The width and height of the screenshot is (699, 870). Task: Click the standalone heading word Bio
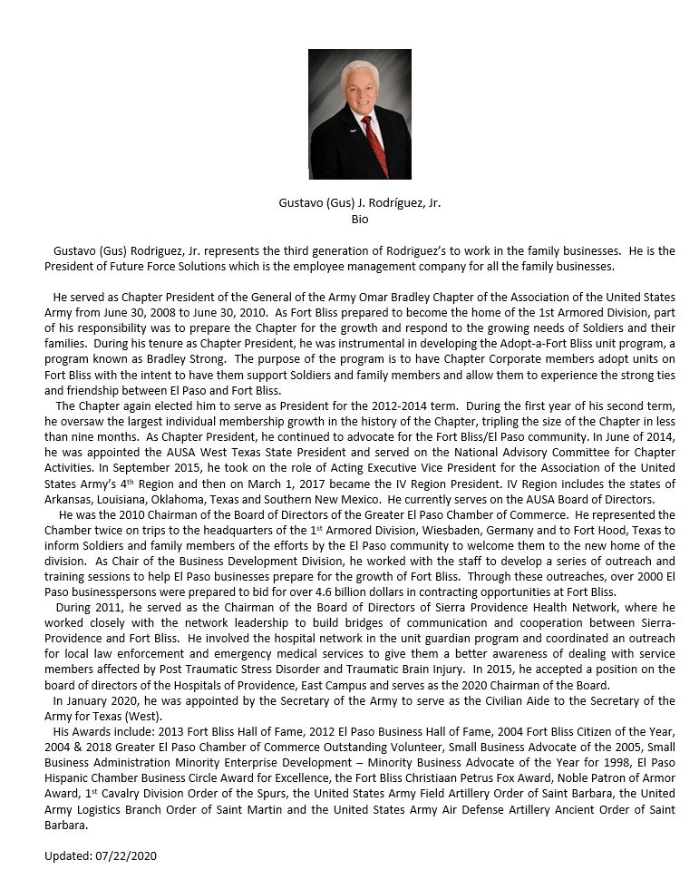pos(360,219)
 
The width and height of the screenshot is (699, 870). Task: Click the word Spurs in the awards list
pos(237,796)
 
